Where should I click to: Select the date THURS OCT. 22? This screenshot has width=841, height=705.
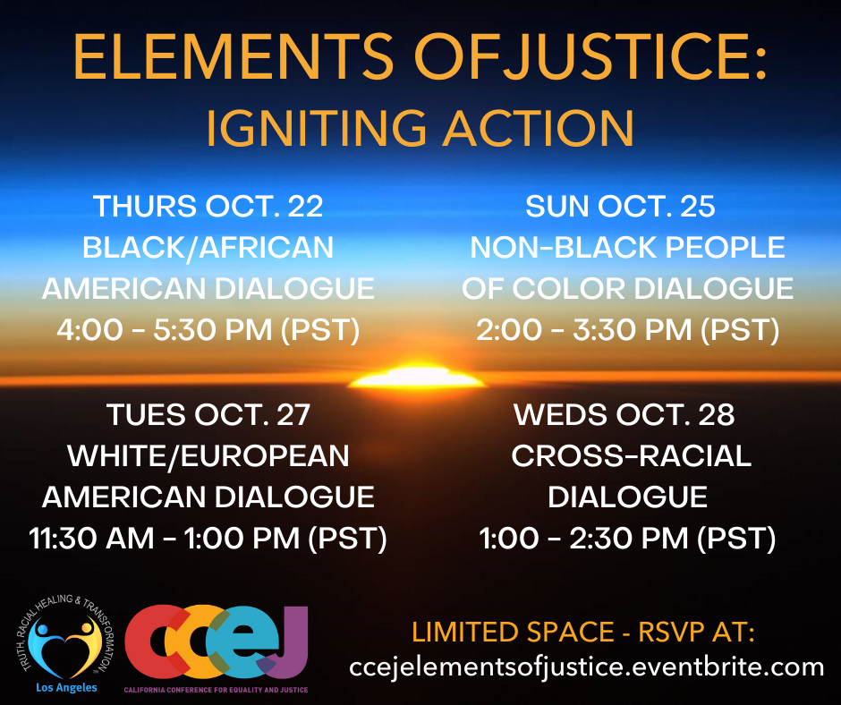click(208, 207)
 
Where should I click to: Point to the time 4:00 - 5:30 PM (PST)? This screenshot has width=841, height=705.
click(208, 330)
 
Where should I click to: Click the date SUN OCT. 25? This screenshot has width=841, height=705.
click(620, 207)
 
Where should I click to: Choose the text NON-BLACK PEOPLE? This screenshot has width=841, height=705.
click(627, 248)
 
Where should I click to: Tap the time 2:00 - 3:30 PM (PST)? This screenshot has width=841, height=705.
click(627, 330)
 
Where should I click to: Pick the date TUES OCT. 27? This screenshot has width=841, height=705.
click(208, 415)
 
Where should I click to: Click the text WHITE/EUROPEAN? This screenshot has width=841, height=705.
click(208, 456)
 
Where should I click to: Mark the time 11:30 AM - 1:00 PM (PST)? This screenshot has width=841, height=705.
click(208, 539)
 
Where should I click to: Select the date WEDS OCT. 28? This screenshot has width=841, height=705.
click(624, 415)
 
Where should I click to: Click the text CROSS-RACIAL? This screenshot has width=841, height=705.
click(631, 456)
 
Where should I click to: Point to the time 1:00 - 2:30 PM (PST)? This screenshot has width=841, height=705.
click(627, 539)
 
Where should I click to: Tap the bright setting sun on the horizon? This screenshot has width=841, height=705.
click(415, 378)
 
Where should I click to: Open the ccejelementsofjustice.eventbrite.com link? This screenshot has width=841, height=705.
click(587, 667)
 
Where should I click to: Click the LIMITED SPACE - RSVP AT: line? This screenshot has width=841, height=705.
click(583, 633)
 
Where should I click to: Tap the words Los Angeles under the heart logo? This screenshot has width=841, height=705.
click(66, 688)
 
